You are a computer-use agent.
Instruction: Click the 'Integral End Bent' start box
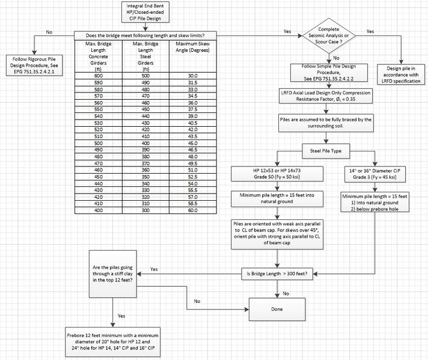[x=145, y=12]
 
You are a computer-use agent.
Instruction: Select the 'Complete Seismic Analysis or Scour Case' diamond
[x=329, y=35]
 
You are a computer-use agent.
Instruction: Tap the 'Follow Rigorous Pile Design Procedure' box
[x=34, y=66]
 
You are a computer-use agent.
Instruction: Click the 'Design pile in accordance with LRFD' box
[x=401, y=75]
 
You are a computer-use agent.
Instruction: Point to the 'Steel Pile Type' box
[x=326, y=151]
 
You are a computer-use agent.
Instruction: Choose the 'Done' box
[x=277, y=310]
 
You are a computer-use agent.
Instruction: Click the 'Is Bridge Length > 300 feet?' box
[x=277, y=273]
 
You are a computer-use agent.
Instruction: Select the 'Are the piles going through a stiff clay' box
[x=113, y=273]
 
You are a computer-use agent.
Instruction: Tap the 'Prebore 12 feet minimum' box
[x=113, y=342]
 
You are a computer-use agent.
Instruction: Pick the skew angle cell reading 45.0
[x=193, y=143]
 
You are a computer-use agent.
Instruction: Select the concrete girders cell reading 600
[x=99, y=76]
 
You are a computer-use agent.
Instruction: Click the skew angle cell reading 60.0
[x=193, y=210]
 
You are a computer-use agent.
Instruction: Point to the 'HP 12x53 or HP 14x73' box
[x=277, y=174]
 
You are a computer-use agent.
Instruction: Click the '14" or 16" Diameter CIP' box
[x=374, y=174]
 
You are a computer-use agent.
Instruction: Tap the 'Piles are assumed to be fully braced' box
[x=326, y=123]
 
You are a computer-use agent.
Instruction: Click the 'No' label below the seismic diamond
[x=336, y=58]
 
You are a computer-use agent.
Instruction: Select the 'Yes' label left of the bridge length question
[x=154, y=269]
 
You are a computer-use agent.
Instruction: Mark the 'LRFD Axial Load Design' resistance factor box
[x=326, y=96]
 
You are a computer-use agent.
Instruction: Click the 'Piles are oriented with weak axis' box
[x=277, y=234]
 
